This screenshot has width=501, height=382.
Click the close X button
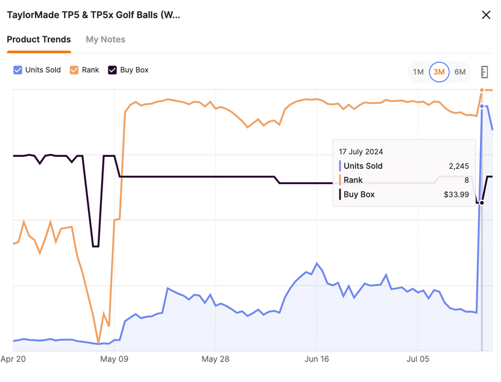[x=486, y=15]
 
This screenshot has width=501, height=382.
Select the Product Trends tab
[x=39, y=39]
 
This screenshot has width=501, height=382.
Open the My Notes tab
[x=106, y=39]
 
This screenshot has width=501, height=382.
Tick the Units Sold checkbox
[x=17, y=70]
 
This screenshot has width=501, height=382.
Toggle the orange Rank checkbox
[x=74, y=70]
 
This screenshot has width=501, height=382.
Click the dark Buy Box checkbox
[x=112, y=70]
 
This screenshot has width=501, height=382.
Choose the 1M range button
[x=418, y=72]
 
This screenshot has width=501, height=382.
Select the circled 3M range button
[x=439, y=72]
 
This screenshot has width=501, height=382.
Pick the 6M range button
[x=460, y=72]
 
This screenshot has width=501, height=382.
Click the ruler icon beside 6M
[x=484, y=72]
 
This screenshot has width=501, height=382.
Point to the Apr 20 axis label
[x=13, y=360]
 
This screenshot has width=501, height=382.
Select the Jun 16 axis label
[x=317, y=360]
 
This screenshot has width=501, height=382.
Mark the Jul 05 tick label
[x=417, y=360]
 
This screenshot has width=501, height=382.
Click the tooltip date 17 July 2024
[x=361, y=151]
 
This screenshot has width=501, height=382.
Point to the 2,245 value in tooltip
[x=457, y=166]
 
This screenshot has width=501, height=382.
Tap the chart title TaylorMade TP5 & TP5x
[x=93, y=15]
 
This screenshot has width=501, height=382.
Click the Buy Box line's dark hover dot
[x=482, y=203]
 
